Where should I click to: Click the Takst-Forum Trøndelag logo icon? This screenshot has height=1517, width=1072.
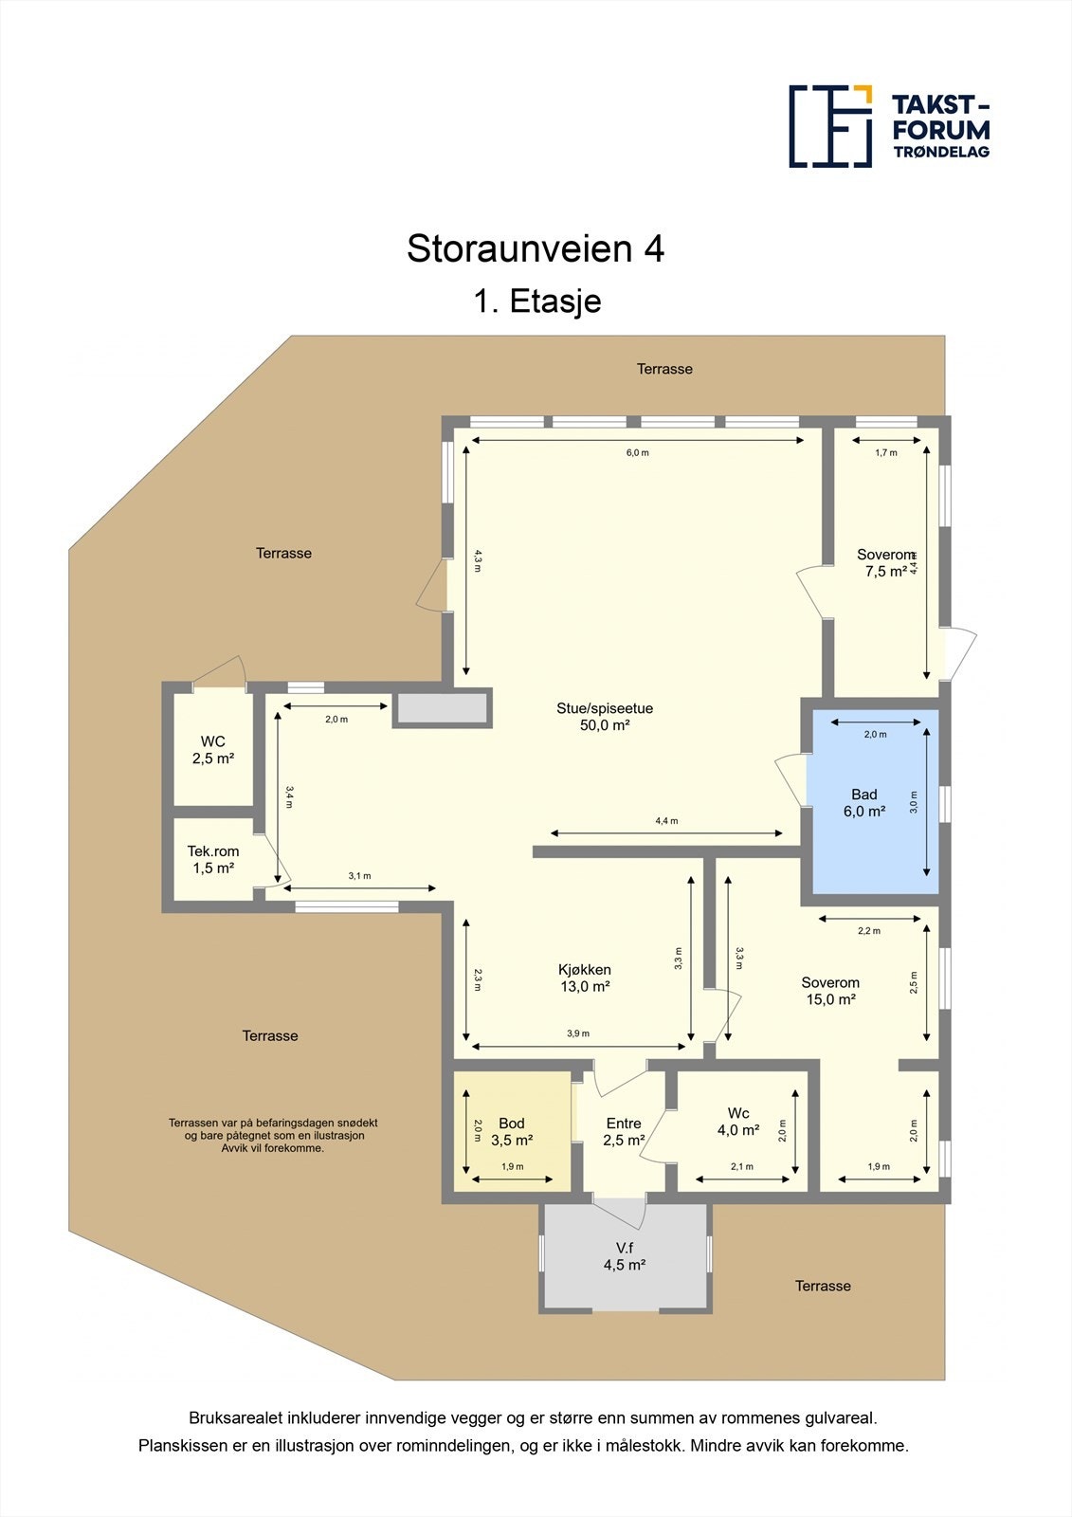click(830, 126)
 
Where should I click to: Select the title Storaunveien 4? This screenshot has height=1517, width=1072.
click(536, 248)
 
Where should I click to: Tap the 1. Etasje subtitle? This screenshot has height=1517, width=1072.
click(536, 302)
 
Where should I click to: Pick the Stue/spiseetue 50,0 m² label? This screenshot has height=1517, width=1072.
click(605, 717)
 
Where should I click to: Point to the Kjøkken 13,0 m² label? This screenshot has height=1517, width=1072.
click(584, 978)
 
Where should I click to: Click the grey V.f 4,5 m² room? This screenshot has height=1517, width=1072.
click(625, 1256)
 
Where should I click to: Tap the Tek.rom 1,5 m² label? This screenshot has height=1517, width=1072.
click(213, 860)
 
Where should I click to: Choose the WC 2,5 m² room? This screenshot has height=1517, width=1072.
click(213, 750)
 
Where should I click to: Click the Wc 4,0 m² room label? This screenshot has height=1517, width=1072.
click(738, 1122)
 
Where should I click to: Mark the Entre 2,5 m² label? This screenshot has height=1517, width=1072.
click(624, 1132)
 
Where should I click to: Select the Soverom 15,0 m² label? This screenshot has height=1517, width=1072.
click(830, 991)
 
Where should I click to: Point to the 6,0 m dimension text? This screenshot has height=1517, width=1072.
click(638, 452)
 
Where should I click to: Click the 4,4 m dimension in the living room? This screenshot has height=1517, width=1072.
click(667, 821)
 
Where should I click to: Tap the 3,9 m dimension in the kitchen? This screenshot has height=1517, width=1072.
click(578, 1033)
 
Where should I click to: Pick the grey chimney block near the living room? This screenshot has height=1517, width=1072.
click(442, 708)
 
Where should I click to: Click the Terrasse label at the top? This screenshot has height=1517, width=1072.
click(664, 369)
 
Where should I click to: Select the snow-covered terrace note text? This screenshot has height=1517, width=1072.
click(273, 1135)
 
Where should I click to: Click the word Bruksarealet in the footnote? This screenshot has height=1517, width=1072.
click(232, 1418)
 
